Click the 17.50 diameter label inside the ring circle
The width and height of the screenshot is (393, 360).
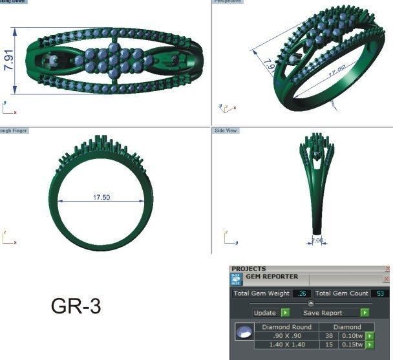click(101, 197)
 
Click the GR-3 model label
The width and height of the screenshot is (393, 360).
click(76, 306)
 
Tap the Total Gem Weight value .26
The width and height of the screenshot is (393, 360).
click(301, 293)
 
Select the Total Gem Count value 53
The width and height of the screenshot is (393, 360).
click(379, 293)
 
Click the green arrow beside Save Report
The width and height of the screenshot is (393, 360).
click(365, 312)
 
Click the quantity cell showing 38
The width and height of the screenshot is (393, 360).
click(328, 335)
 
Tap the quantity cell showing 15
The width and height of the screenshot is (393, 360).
click(328, 344)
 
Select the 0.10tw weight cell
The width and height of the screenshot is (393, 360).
click(352, 335)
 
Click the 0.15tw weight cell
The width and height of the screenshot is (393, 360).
click(352, 344)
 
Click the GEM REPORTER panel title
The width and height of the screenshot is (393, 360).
click(271, 277)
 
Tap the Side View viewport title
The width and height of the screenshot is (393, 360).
click(226, 131)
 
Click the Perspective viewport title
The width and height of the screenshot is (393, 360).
click(228, 2)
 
